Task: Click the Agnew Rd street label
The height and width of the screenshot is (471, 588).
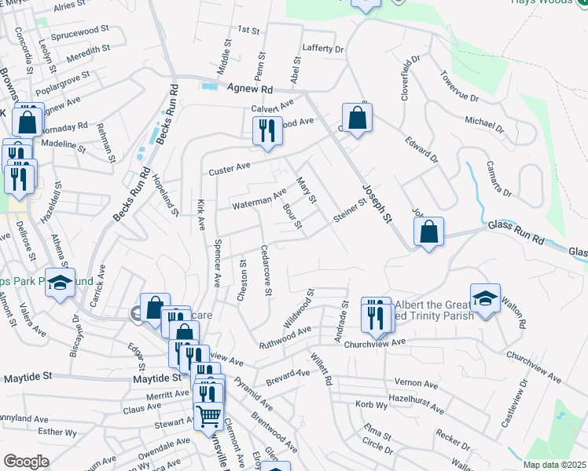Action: click(x=250, y=89)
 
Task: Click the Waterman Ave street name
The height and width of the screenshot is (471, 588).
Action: click(x=259, y=199)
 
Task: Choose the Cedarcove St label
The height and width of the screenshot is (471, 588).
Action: click(x=266, y=271)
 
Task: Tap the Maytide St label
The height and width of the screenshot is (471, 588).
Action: click(x=28, y=378)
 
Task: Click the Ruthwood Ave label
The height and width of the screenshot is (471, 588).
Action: click(x=285, y=338)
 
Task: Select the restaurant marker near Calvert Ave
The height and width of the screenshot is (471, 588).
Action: click(x=267, y=130)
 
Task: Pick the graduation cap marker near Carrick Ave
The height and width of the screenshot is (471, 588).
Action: click(x=60, y=283)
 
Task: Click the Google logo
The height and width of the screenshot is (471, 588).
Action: click(x=26, y=462)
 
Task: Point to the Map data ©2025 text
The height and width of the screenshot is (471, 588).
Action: click(x=553, y=465)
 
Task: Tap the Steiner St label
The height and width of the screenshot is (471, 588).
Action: click(x=350, y=210)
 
